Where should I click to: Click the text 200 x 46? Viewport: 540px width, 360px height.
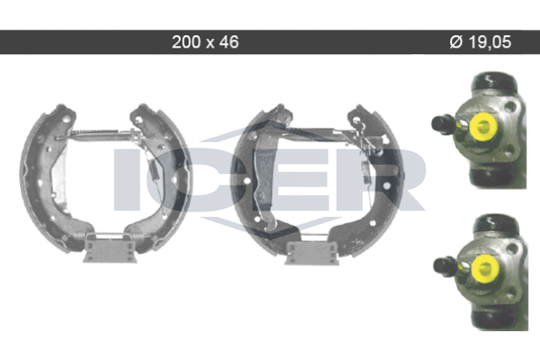205,42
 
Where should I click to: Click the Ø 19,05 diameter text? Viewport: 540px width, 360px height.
480,42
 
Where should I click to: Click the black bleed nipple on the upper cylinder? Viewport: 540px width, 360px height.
443,124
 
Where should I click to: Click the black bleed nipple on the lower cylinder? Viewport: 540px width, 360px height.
445,266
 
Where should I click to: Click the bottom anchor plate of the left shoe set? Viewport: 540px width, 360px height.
110,247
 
